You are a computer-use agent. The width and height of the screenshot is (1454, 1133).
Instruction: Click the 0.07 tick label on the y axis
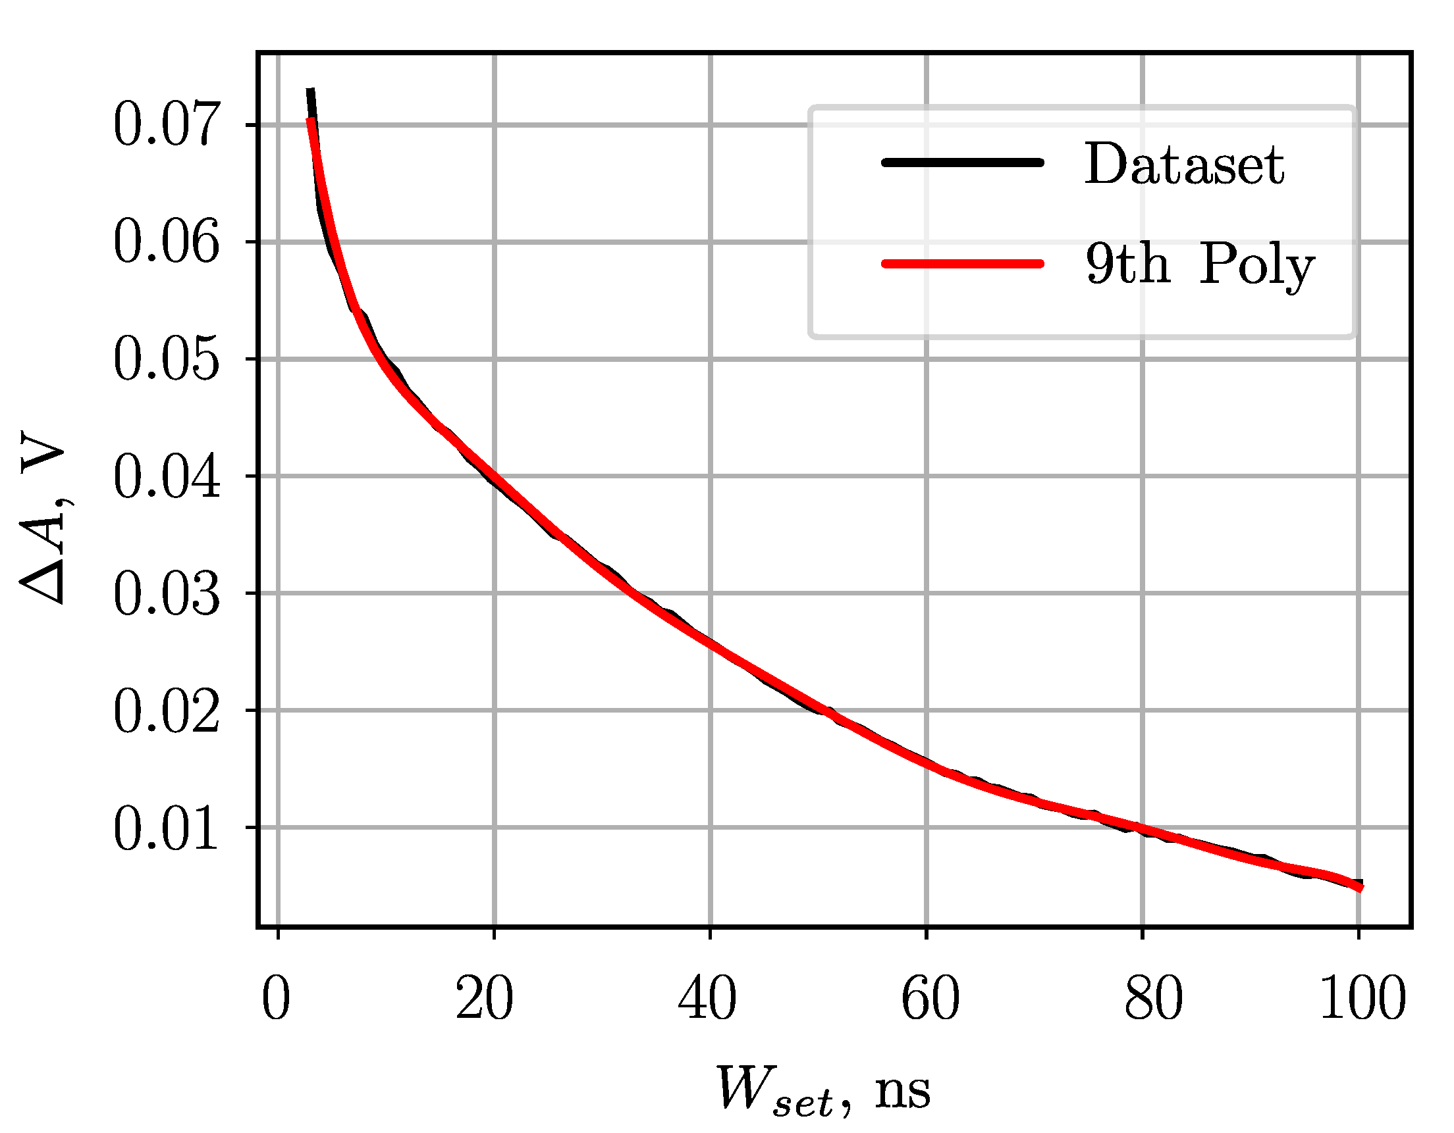(166, 125)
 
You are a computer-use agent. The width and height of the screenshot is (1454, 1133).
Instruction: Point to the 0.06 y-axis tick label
(166, 242)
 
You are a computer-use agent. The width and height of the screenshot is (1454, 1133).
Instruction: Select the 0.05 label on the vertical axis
(166, 359)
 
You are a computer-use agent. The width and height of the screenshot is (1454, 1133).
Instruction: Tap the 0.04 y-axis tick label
(166, 476)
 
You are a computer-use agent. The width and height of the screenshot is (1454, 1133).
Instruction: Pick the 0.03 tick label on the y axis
(166, 593)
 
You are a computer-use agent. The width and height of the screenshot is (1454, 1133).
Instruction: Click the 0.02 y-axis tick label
(166, 711)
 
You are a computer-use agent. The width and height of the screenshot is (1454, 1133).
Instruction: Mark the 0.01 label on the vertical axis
(166, 828)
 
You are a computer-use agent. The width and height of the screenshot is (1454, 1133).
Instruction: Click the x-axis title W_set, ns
(823, 1091)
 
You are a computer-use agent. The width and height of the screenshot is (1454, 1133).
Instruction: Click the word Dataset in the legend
(1185, 164)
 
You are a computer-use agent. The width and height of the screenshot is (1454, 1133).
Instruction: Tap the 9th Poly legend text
(1200, 264)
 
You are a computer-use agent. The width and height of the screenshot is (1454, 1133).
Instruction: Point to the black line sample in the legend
(963, 163)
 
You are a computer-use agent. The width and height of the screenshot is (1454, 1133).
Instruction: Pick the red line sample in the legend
(963, 263)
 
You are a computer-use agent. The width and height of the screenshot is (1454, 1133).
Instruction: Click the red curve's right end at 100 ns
(1360, 888)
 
